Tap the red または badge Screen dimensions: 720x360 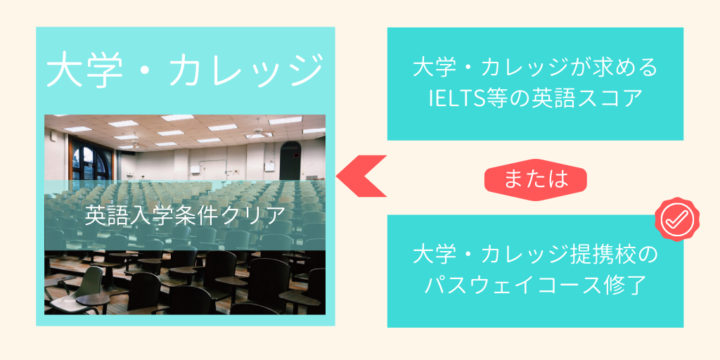(x=536, y=179)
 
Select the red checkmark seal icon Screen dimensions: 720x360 (x=677, y=219)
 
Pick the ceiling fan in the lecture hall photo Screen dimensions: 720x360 (x=258, y=132)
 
